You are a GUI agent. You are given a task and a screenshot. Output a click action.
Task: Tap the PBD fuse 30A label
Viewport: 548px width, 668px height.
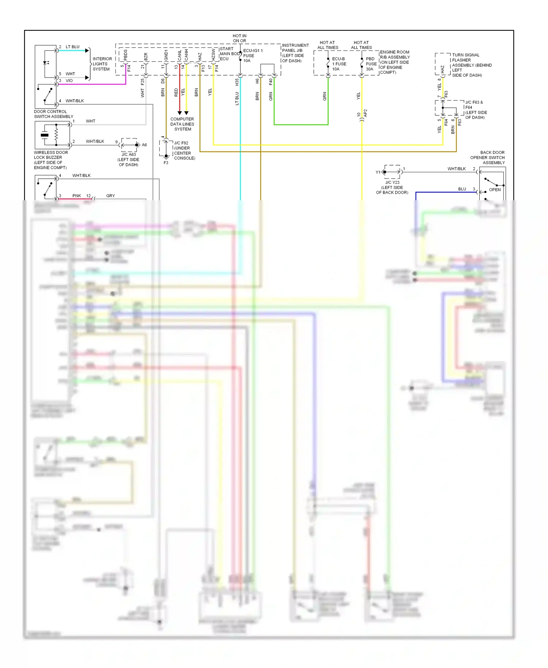(x=371, y=64)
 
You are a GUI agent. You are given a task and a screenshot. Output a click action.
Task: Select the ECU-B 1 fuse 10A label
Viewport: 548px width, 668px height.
(x=339, y=64)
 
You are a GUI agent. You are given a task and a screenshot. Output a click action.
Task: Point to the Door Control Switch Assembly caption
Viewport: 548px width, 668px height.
(x=53, y=114)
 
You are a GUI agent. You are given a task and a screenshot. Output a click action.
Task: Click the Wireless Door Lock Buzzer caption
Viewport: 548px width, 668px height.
(x=51, y=160)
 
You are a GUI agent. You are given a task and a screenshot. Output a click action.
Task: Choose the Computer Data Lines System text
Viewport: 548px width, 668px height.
(x=182, y=124)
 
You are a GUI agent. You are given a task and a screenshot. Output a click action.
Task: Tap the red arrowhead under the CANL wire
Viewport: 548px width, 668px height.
(x=179, y=113)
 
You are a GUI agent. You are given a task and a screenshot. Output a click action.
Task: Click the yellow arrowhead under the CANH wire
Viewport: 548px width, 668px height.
(x=186, y=113)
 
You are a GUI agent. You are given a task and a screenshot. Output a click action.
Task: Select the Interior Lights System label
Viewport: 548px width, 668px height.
(x=102, y=64)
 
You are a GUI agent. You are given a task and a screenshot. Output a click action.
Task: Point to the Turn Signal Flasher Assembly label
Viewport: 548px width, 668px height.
(x=472, y=65)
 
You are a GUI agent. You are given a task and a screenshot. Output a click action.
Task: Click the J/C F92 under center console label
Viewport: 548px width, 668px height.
(x=184, y=151)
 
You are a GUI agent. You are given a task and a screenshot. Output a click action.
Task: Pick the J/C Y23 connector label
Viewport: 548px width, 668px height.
(x=392, y=187)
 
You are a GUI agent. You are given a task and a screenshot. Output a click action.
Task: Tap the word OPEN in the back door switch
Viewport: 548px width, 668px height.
(x=495, y=190)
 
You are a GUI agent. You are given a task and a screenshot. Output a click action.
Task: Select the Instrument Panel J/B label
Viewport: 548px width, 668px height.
(x=295, y=53)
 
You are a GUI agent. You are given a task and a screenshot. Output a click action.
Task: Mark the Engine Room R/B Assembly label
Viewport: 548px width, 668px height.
(x=395, y=62)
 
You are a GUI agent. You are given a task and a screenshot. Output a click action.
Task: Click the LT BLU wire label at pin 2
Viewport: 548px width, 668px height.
(x=72, y=47)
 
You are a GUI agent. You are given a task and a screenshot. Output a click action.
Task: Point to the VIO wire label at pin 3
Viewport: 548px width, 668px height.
(x=69, y=81)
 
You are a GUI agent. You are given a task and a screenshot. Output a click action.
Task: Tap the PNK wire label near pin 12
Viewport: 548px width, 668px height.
(x=77, y=196)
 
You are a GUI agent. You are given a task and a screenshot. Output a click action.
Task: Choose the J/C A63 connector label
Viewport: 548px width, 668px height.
(x=129, y=159)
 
